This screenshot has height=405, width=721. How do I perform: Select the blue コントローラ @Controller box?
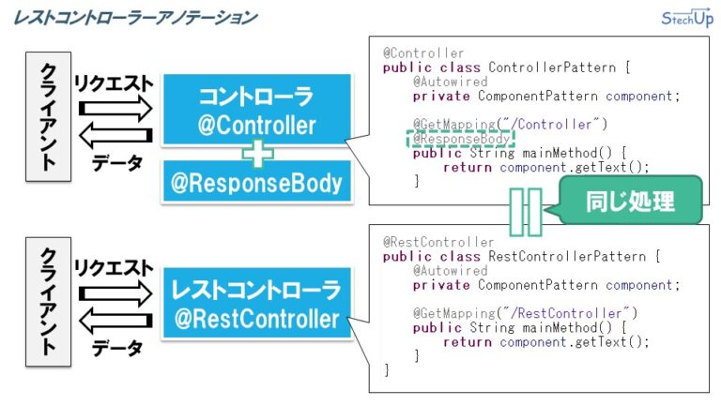[256, 112]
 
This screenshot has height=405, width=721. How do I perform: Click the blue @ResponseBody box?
[256, 182]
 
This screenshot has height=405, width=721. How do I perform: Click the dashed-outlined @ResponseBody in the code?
[459, 139]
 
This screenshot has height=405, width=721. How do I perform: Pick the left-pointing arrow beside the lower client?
[115, 322]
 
